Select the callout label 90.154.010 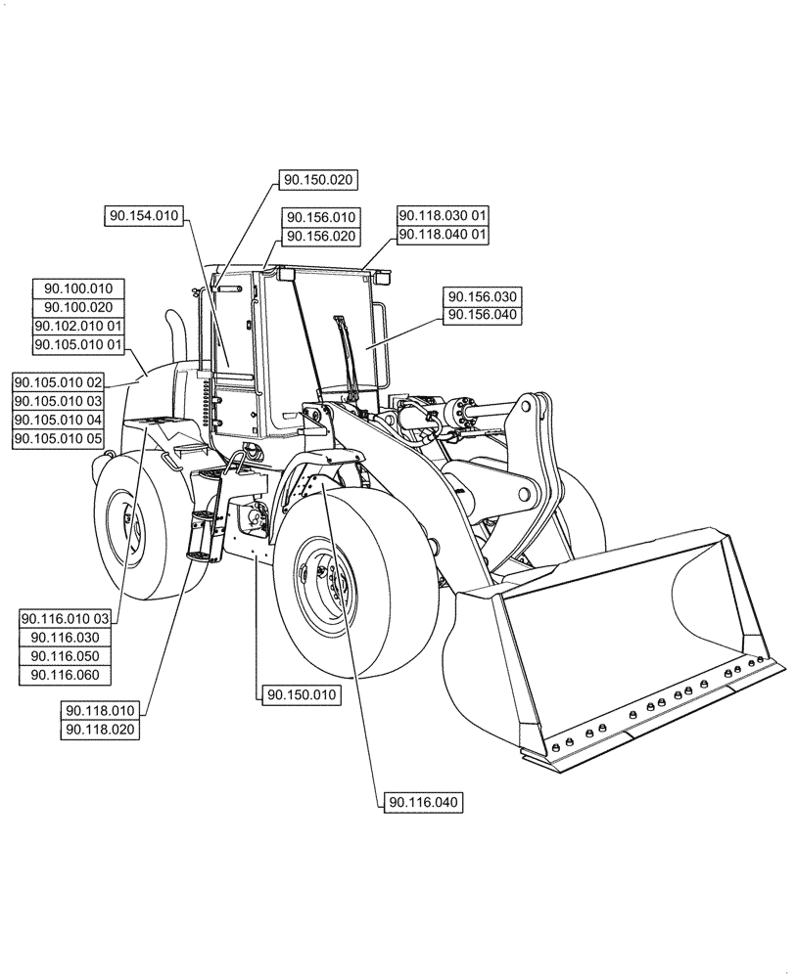pos(143,216)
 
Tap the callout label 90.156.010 pos(320,217)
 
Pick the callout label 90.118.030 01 pos(443,215)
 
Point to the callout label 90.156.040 pos(484,315)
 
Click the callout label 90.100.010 pos(78,289)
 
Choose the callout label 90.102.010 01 pos(78,326)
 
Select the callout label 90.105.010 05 pos(58,440)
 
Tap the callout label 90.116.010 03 pos(66,618)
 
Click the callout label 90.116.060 pos(66,675)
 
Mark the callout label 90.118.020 pos(101,730)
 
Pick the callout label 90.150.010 pos(299,695)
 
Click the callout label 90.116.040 pos(423,803)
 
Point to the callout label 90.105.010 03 pos(58,401)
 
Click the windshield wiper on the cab pos(345,352)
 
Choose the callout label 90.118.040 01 pos(443,235)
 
